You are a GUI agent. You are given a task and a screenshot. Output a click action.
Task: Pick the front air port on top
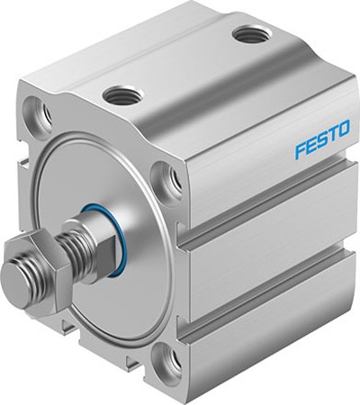120,93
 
